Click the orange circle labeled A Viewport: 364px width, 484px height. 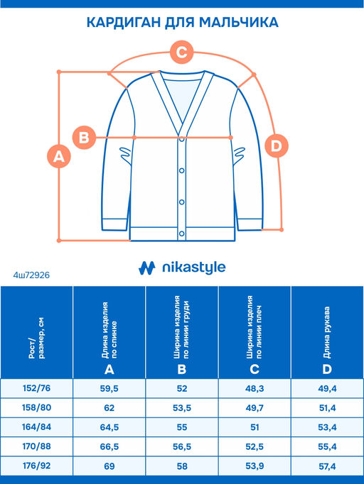click(x=59, y=156)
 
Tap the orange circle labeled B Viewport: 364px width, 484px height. click(x=84, y=138)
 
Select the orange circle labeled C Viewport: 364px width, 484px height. click(x=182, y=53)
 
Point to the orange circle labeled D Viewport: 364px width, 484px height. click(x=277, y=145)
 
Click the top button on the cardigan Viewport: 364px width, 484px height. click(x=182, y=139)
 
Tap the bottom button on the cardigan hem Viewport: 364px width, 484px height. click(x=182, y=233)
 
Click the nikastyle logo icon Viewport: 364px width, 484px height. click(x=146, y=268)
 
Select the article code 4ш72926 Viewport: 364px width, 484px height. click(x=31, y=275)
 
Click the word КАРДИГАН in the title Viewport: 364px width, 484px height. click(x=124, y=23)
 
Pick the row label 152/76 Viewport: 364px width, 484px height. click(x=36, y=388)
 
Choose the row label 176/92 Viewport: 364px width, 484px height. click(x=36, y=466)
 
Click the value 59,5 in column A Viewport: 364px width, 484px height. click(x=109, y=389)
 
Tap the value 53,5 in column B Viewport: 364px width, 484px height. click(x=182, y=408)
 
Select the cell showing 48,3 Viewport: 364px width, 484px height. click(x=255, y=389)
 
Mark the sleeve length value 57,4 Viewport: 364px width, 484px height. click(x=327, y=466)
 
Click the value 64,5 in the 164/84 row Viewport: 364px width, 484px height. click(x=109, y=427)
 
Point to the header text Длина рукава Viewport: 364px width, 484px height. click(x=327, y=333)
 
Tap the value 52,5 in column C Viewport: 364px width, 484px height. click(x=255, y=446)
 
